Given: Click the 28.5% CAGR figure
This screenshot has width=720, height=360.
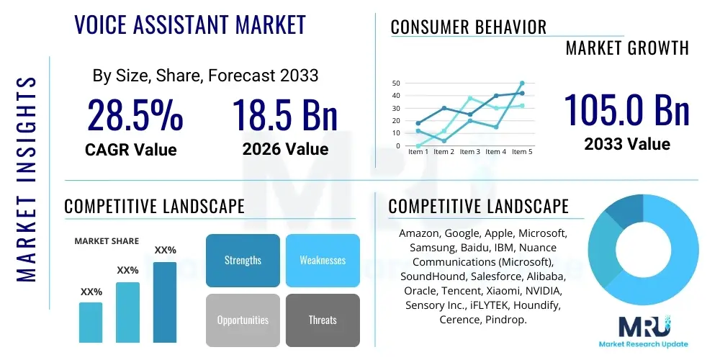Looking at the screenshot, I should coord(135,115).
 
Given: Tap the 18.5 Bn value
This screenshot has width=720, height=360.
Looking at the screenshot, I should coord(285,115).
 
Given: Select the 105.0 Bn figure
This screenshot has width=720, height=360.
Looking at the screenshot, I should coord(626,109).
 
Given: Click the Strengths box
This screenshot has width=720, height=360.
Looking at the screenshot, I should coord(243,260).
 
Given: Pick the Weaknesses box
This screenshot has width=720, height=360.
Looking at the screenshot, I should coord(323,260).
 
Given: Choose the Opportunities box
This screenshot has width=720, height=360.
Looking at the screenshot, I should coord(243,320).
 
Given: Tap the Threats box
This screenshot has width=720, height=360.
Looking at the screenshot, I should coord(323,320).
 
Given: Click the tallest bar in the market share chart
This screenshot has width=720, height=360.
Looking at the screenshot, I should coord(165,302).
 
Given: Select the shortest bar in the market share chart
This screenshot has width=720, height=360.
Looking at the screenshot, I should coord(91,322).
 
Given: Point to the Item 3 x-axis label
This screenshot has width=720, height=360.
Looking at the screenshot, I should coord(469,152).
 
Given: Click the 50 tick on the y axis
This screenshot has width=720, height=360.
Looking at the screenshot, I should coord(396,84).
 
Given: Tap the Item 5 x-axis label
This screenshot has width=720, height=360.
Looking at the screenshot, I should coord(521,152).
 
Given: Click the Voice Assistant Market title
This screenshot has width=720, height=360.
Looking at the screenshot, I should coord(190,25).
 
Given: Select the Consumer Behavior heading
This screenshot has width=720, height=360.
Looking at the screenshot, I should coord(469,27).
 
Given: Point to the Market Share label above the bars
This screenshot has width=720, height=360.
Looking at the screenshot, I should coord(107,241).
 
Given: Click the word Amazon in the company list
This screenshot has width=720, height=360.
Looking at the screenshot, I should coord(420,234).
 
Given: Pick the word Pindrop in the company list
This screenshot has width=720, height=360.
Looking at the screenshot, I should coord(506,319).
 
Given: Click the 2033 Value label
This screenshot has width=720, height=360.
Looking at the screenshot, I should coord(626,144).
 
